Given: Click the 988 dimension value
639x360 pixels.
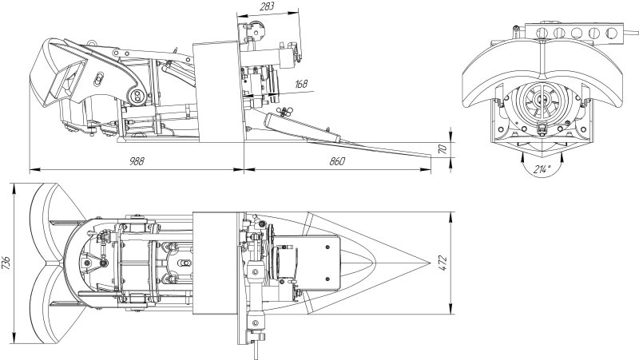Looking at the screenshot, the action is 137,161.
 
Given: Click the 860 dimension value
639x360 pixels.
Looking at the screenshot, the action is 337,161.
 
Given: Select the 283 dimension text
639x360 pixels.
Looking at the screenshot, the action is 267,6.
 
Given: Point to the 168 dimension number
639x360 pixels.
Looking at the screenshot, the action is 301,84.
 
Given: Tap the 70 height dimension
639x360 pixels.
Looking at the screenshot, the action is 444,149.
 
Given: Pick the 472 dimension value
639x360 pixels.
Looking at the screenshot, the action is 443,263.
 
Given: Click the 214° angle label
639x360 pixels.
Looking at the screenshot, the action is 542,169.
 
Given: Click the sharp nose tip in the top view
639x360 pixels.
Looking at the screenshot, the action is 431,263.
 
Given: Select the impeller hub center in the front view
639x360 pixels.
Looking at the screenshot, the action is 542,98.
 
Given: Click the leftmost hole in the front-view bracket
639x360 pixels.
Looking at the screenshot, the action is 542,33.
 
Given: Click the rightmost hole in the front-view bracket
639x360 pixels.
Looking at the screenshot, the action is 611,33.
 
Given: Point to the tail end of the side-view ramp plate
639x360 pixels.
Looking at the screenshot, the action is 431,155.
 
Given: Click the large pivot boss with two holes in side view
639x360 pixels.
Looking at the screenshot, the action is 137,96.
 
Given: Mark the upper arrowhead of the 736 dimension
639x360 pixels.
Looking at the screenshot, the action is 14,186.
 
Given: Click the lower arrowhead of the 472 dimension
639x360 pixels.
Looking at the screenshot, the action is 451,311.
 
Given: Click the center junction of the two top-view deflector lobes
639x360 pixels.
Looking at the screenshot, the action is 50,263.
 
